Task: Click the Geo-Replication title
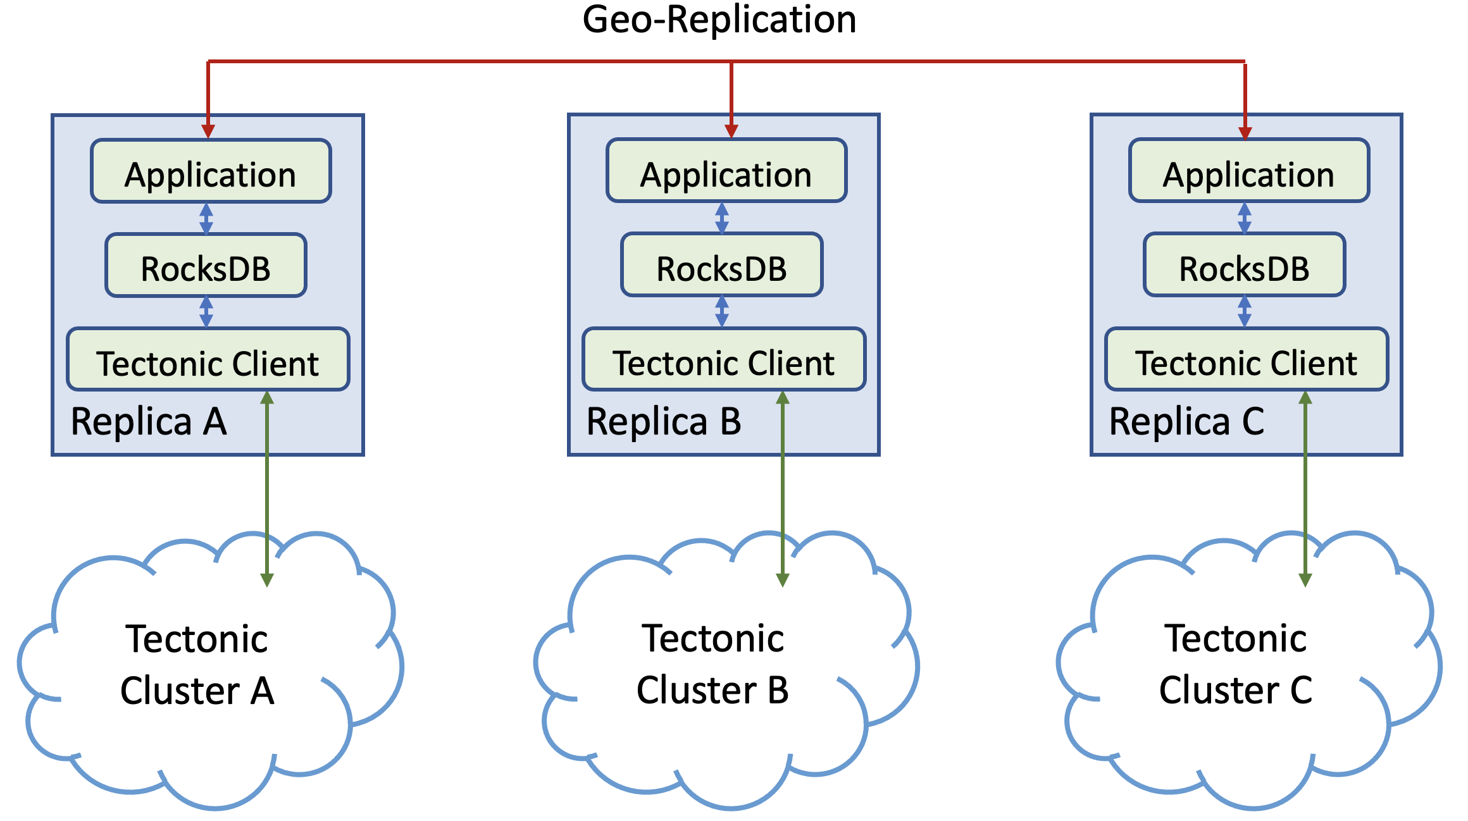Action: point(719,20)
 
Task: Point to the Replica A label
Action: point(149,422)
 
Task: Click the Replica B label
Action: point(664,422)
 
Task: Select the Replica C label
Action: point(1186,422)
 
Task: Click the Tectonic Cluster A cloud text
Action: point(197,664)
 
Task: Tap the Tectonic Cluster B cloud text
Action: point(712,664)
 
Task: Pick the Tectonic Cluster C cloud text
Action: point(1235,664)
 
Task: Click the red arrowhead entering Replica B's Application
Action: point(731,130)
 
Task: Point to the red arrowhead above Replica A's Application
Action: point(208,130)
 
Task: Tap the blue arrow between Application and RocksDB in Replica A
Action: point(206,218)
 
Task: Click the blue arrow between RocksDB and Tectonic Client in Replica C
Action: point(1245,312)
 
